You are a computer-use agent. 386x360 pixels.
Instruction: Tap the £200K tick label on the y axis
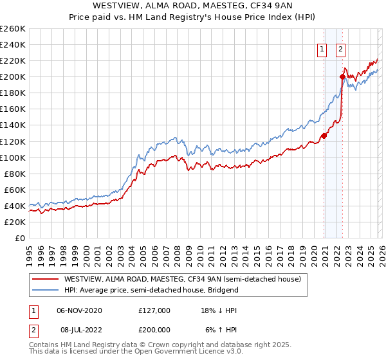pos(12,77)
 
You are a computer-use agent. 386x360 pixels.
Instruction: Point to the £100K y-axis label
pos(12,157)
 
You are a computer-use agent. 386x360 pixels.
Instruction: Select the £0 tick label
pos(19,238)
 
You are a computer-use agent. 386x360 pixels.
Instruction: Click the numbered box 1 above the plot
pos(321,48)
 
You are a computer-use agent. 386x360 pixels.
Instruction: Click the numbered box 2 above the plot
pos(340,48)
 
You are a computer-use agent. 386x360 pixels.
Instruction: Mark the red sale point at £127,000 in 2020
pos(324,136)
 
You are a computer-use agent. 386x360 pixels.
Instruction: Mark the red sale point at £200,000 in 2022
pos(342,77)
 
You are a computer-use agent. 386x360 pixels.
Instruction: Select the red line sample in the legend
pos(45,280)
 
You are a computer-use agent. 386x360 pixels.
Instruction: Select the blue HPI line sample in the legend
pos(45,290)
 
